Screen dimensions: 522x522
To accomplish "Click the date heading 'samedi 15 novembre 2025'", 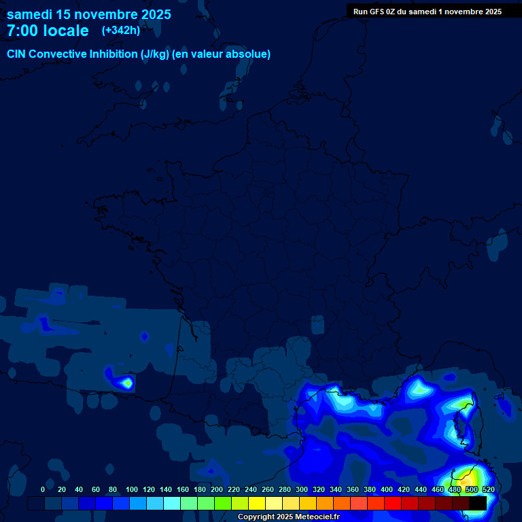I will click(89, 14).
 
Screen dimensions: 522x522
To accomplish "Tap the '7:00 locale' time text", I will click(48, 31).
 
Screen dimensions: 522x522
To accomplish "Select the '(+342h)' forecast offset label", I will click(121, 31).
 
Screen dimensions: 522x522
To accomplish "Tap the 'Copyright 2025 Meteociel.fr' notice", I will click(288, 517).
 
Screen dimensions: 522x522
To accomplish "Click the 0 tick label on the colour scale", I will click(43, 489).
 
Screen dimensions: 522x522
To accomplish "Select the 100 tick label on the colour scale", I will click(131, 489).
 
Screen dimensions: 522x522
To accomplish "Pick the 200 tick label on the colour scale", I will click(217, 489).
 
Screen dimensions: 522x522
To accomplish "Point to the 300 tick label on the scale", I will click(302, 489).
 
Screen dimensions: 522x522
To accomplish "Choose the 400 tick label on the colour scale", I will click(387, 489).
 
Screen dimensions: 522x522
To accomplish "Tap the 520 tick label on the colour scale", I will click(488, 489).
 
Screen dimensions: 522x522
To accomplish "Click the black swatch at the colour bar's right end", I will click(478, 503).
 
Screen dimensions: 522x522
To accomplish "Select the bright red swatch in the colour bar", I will click(393, 503).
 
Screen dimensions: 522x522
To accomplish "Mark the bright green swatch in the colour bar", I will click(223, 503).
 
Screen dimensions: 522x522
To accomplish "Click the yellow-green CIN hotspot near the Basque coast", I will click(127, 383).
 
